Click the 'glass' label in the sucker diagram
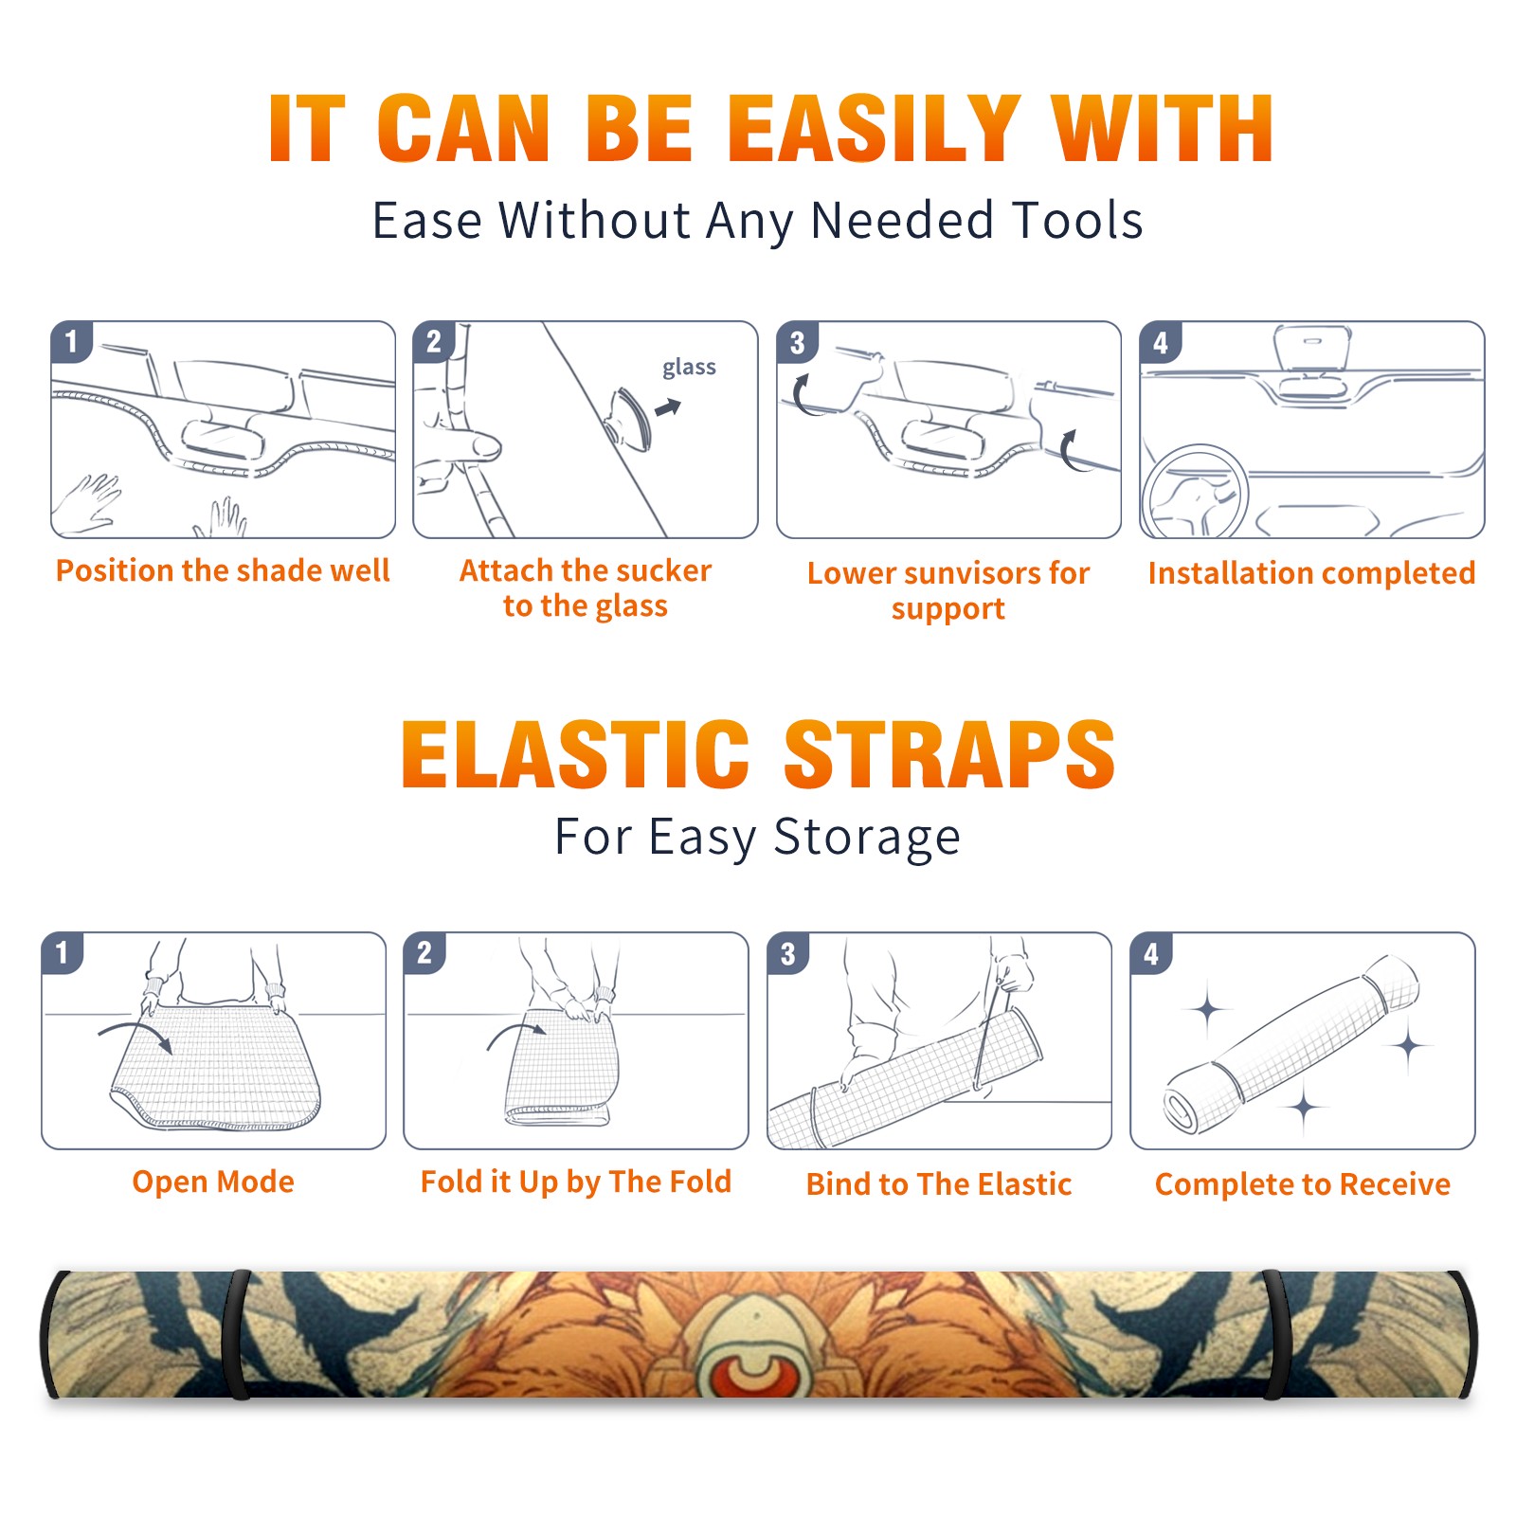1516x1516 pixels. coord(689,368)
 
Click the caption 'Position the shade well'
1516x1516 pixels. coord(223,570)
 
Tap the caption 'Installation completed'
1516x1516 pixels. coord(1311,572)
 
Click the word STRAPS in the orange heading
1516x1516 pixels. coord(949,754)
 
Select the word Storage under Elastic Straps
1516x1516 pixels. coord(867,838)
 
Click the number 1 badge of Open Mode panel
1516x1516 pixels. coord(63,952)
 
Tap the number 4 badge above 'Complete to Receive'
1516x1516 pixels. coord(1151,953)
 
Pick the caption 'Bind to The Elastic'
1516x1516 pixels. coord(938,1184)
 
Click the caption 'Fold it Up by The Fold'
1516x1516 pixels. coord(576,1182)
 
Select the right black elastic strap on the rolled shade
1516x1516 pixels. coord(1275,1334)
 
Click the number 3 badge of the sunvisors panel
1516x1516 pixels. coord(797,342)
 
